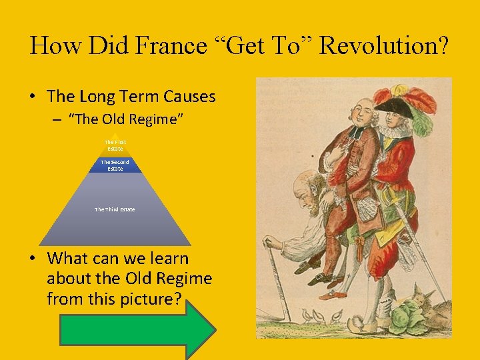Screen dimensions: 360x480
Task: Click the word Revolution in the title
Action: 385,45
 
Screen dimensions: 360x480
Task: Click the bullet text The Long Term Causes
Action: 131,97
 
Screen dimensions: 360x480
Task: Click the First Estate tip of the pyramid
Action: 115,145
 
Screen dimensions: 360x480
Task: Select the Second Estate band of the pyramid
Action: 115,165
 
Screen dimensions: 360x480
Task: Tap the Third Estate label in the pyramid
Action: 115,209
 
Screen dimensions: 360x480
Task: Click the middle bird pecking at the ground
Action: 323,316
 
